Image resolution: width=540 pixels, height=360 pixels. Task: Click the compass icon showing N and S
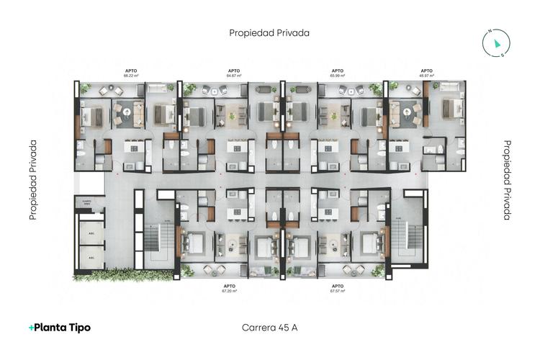(496, 43)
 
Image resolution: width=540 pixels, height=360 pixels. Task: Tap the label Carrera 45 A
(270, 328)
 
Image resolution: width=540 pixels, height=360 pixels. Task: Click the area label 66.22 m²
(131, 75)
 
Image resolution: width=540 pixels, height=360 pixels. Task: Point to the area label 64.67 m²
(234, 75)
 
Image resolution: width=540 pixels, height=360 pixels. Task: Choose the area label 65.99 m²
(337, 75)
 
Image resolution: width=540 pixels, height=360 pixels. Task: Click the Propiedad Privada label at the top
(270, 32)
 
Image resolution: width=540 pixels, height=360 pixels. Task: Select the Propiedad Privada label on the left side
(33, 180)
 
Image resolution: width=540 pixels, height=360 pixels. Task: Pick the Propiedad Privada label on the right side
(508, 180)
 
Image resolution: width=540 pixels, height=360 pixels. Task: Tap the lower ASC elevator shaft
(91, 256)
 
